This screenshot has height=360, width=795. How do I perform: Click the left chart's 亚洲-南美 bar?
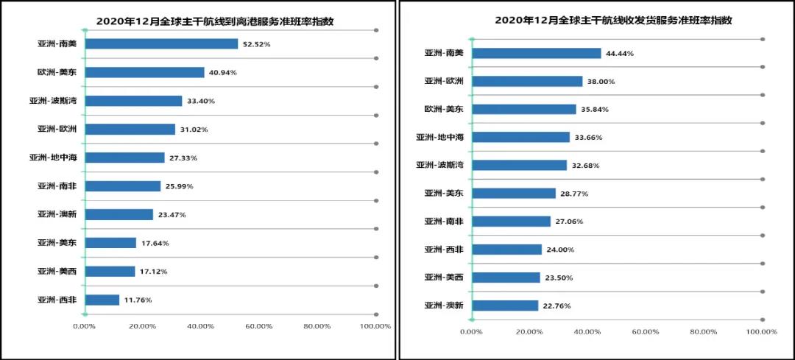[161, 44]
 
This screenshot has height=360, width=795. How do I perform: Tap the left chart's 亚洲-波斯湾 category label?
[53, 101]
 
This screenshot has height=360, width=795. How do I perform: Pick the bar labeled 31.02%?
[130, 130]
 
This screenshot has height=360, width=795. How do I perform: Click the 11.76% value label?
[138, 300]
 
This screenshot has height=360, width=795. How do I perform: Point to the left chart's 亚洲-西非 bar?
[102, 300]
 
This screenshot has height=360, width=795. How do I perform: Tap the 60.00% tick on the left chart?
[259, 326]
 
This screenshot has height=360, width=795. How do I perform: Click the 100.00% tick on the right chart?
[761, 332]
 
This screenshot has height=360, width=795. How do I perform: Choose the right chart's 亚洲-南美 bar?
[536, 53]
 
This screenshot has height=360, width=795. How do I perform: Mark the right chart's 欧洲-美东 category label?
[443, 109]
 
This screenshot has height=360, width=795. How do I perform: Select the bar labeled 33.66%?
[520, 137]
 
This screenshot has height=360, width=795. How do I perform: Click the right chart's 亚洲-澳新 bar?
[504, 306]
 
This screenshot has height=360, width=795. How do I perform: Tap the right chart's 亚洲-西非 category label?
[443, 250]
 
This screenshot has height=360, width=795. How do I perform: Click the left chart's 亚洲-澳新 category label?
[57, 214]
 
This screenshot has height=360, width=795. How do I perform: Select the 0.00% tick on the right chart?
[471, 332]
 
